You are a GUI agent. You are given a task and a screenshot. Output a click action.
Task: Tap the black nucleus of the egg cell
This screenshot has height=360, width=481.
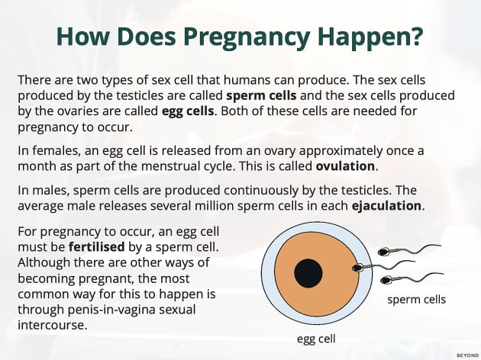(x=308, y=272)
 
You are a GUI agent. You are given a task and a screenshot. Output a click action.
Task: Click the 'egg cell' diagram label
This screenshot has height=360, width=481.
(x=316, y=337)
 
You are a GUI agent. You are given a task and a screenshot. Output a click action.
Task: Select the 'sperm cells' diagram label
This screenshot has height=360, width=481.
(x=416, y=300)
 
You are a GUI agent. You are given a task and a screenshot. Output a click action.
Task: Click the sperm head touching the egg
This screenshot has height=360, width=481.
(x=357, y=268)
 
